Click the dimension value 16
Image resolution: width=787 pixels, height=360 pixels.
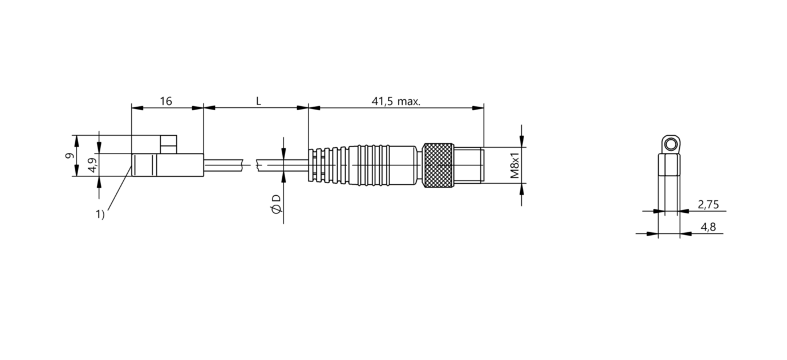click(166, 101)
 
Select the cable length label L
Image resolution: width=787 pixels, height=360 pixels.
click(258, 101)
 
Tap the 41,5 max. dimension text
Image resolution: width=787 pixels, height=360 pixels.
click(396, 102)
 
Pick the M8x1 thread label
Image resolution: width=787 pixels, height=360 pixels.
click(514, 165)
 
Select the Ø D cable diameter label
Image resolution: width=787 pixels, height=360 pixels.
click(277, 204)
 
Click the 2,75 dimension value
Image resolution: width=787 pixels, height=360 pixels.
click(708, 204)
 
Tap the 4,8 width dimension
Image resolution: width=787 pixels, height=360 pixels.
click(708, 227)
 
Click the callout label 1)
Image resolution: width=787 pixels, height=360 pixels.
click(100, 214)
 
